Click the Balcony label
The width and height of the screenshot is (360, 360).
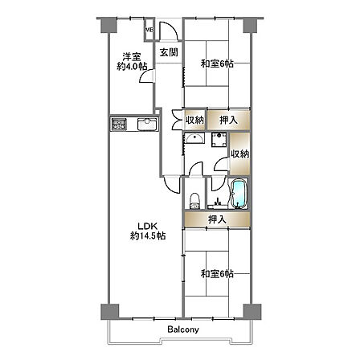coord(183,329)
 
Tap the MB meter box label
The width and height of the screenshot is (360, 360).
coord(149,30)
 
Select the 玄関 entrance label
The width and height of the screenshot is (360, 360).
coord(169,52)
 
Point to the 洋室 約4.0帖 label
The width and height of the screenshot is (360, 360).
coord(132,61)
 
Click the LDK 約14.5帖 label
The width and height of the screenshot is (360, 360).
coord(148,231)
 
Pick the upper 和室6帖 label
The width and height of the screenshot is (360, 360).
coord(217,64)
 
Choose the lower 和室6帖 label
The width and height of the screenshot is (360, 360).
coord(217,274)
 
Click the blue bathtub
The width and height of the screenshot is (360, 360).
coord(239,193)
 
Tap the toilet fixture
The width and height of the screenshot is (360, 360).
coord(194,201)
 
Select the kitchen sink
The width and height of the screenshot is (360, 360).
coord(147,125)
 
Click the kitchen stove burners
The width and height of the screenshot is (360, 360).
coord(119,125)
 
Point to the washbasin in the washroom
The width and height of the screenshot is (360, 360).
coord(195,138)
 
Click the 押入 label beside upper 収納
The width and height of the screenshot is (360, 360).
coord(228,121)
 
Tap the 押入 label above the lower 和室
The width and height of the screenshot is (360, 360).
coord(217,219)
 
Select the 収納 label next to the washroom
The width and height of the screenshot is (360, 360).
coord(240,153)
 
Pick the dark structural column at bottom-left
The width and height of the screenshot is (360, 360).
coord(109,312)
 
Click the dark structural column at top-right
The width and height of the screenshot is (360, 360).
coord(252,25)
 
